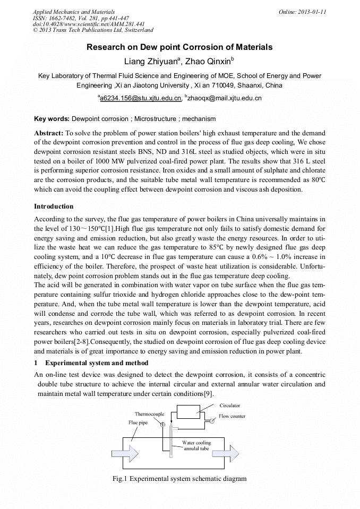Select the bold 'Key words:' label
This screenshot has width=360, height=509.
pyautogui.click(x=52, y=118)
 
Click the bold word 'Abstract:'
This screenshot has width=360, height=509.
pyautogui.click(x=49, y=133)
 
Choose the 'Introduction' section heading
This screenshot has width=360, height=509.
pyautogui.click(x=54, y=206)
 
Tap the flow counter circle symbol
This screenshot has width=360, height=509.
pyautogui.click(x=211, y=421)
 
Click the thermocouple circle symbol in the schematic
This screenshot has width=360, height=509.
pyautogui.click(x=162, y=425)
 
